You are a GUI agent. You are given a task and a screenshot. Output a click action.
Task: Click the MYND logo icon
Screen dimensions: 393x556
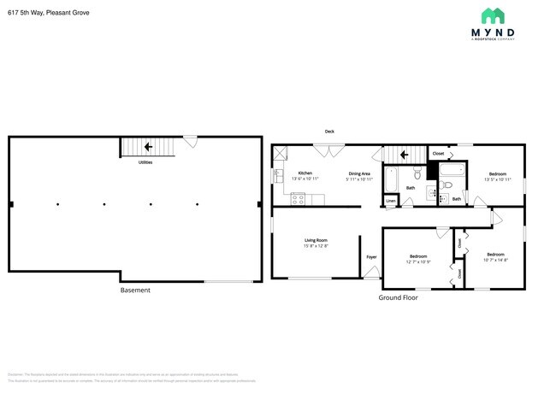(492, 16)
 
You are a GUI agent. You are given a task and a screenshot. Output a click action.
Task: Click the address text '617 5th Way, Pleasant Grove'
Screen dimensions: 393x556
(49, 13)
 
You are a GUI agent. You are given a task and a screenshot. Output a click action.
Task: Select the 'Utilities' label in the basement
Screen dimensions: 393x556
(145, 161)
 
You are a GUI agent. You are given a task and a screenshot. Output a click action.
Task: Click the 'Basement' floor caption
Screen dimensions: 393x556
(135, 290)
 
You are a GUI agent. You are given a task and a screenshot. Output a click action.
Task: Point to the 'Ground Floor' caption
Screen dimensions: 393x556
(398, 298)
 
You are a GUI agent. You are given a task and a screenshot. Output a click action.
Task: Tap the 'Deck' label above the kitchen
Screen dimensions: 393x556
(329, 132)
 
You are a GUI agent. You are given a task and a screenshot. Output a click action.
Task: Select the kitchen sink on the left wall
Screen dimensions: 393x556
(277, 176)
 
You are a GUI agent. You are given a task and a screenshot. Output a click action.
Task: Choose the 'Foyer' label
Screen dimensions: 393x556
(371, 257)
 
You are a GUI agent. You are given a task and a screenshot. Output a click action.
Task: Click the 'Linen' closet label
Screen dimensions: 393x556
(391, 202)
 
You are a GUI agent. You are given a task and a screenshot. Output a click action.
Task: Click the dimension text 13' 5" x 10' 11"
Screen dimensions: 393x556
(497, 179)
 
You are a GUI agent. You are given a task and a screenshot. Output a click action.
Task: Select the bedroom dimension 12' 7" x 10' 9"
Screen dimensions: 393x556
(418, 261)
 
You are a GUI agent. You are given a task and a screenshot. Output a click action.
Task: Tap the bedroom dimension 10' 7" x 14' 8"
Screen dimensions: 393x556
(496, 259)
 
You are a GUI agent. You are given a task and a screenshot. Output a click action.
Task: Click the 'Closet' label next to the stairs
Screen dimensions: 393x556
(438, 154)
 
